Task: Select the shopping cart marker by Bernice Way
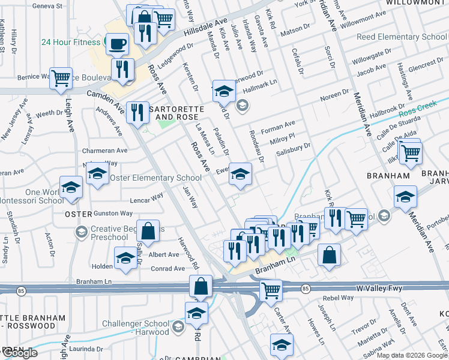[61, 77]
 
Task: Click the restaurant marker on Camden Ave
[137, 111]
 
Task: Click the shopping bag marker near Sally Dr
[148, 230]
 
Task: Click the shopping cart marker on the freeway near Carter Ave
[271, 290]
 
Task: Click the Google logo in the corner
[19, 353]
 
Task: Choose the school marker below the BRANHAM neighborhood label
[405, 196]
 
